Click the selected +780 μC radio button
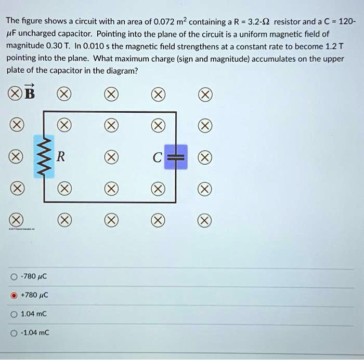pyautogui.click(x=14, y=296)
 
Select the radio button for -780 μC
pyautogui.click(x=14, y=277)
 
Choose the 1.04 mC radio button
pyautogui.click(x=14, y=314)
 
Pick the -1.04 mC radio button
pyautogui.click(x=14, y=332)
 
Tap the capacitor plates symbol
pyautogui.click(x=176, y=156)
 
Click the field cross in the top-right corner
pyautogui.click(x=205, y=95)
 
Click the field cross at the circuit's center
pyautogui.click(x=110, y=156)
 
